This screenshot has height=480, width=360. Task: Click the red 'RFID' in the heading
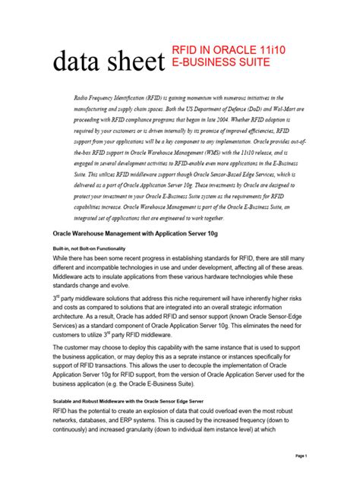(186, 49)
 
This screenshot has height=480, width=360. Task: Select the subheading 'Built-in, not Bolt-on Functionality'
(89, 248)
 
